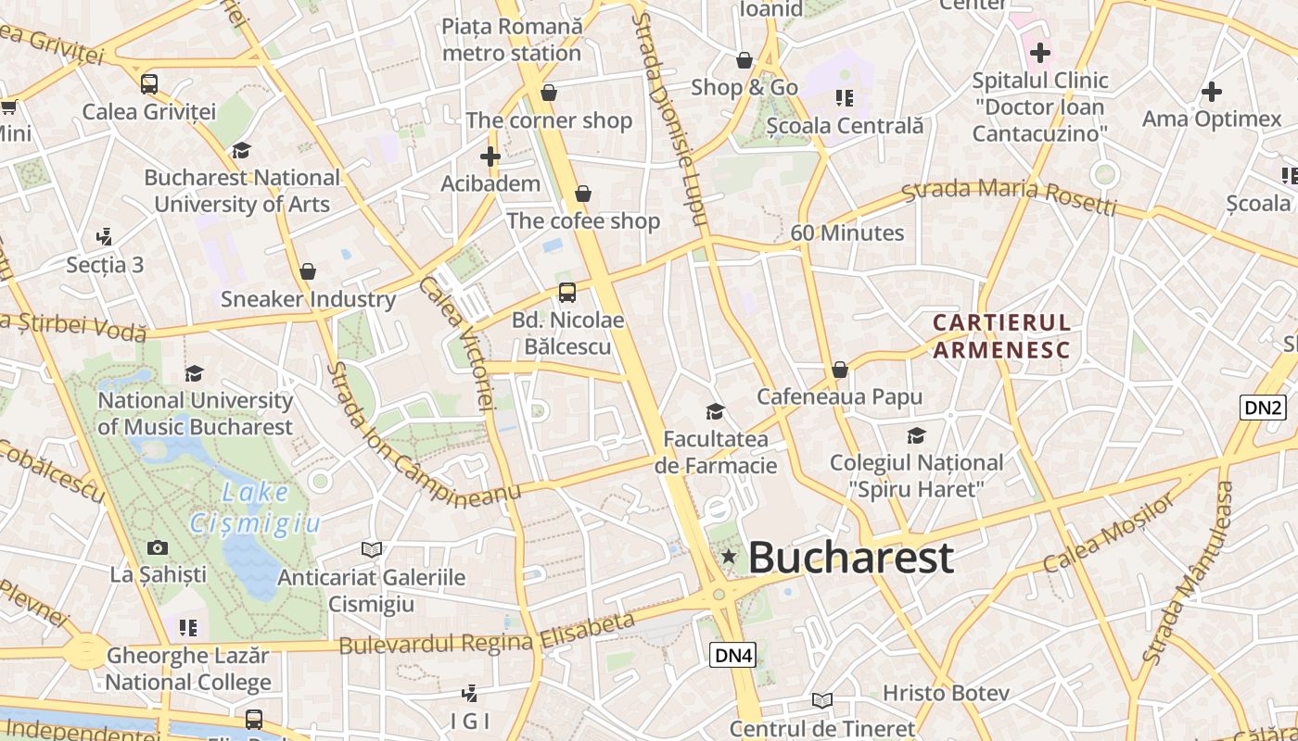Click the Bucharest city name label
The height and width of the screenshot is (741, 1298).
(x=850, y=557)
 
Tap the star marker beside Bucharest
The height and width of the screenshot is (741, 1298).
(x=730, y=556)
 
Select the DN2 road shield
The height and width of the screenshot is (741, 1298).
(x=1263, y=407)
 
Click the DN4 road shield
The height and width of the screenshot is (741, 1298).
(x=733, y=655)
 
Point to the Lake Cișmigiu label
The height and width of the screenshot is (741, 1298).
(x=256, y=509)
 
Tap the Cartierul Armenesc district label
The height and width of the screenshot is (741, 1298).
(x=1001, y=336)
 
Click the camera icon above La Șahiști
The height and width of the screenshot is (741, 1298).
(x=158, y=547)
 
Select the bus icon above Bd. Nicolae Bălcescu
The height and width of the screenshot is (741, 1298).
(x=567, y=293)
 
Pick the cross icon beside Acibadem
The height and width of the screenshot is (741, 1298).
(x=490, y=157)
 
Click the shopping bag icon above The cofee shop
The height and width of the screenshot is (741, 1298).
(x=583, y=194)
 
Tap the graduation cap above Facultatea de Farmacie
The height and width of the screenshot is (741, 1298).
(x=715, y=411)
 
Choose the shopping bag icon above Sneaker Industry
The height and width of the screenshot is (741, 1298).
(x=308, y=271)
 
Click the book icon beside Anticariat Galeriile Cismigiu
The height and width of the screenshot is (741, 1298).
(x=372, y=549)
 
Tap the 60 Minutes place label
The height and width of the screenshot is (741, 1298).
(x=846, y=232)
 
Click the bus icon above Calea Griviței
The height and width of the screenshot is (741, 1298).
(x=149, y=84)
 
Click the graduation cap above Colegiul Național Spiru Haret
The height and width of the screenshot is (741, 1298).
(x=916, y=435)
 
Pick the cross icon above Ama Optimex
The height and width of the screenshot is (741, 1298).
(x=1211, y=92)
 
